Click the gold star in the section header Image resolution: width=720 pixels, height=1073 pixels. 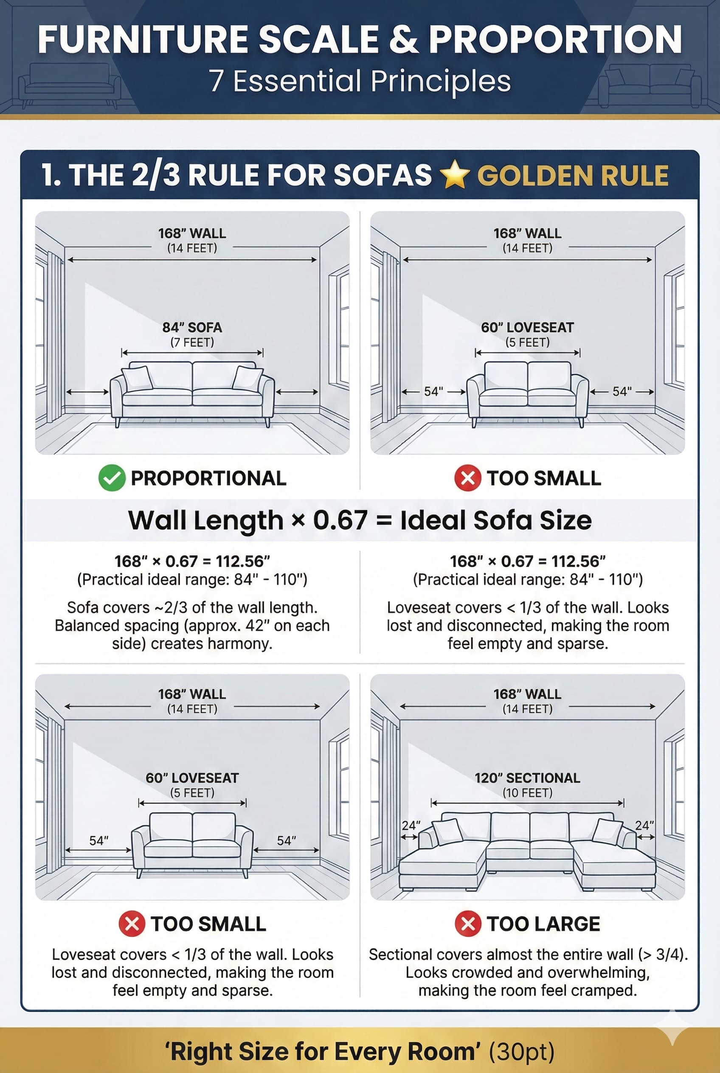click(x=454, y=175)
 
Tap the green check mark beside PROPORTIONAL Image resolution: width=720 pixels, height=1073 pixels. click(x=112, y=478)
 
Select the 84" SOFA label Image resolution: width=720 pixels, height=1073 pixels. click(x=192, y=327)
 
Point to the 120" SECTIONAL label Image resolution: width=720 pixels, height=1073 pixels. click(x=527, y=778)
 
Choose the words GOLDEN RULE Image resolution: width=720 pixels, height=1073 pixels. click(x=573, y=175)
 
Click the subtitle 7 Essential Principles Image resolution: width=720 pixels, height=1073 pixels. click(x=360, y=81)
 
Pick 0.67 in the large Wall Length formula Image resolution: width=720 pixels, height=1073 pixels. click(x=340, y=520)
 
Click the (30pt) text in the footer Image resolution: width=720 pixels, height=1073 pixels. click(x=522, y=1051)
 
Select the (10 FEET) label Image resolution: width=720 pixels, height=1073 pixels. click(x=527, y=793)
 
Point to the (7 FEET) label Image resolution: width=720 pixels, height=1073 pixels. click(x=192, y=343)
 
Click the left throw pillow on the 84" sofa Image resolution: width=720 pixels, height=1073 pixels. click(x=137, y=378)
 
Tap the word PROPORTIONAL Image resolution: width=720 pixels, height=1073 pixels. click(x=208, y=478)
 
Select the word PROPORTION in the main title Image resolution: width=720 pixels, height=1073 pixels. click(x=555, y=39)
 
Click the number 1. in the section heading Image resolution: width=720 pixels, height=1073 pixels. click(x=51, y=175)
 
